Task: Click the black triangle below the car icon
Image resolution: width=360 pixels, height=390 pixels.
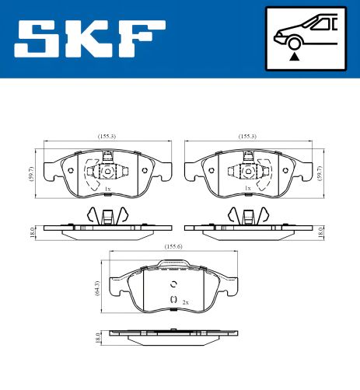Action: pos(295,56)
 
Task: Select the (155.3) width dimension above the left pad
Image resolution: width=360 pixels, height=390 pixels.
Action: pos(107,137)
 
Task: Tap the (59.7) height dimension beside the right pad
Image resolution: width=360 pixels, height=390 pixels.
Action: pos(321,172)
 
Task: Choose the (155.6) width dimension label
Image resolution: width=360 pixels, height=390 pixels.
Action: pos(174,247)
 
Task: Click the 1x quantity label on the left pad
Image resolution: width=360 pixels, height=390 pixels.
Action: pos(107,188)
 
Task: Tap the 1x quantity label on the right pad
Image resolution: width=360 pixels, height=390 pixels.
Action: pos(248,188)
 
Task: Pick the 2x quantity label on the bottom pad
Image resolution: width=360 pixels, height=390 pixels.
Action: pos(185,301)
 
